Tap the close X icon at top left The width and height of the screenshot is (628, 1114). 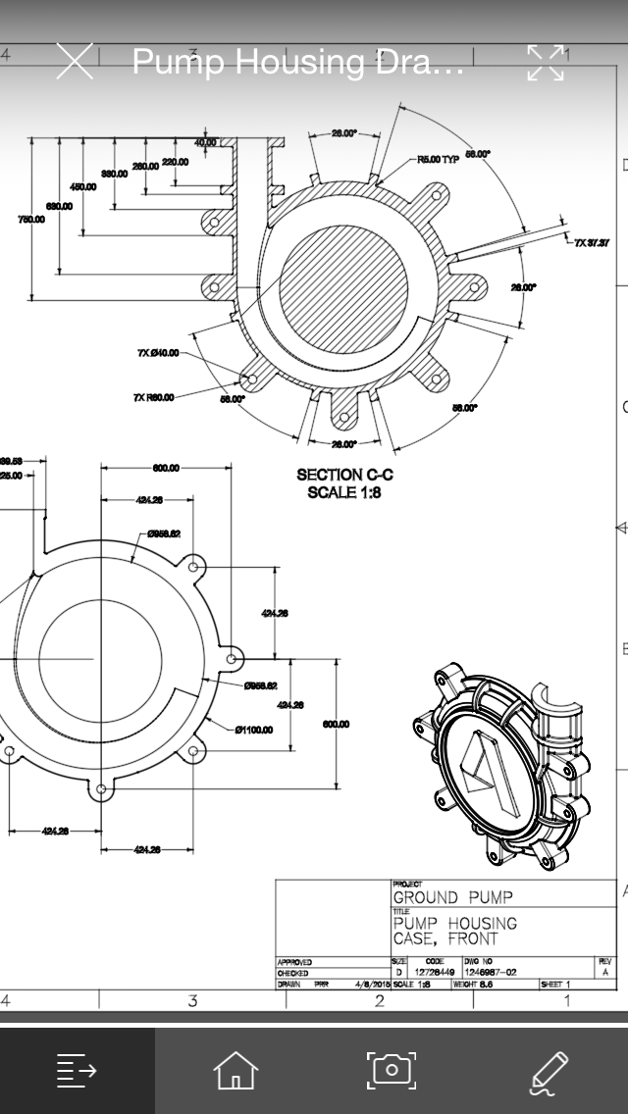tap(75, 61)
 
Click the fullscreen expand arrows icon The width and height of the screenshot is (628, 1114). tap(547, 62)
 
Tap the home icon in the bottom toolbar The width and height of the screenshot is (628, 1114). tap(235, 1070)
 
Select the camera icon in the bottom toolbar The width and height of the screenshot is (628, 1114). tap(392, 1070)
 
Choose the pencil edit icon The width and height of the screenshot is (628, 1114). tap(549, 1071)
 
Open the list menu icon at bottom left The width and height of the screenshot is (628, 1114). tap(78, 1070)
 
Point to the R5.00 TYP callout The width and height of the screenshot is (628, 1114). tap(438, 159)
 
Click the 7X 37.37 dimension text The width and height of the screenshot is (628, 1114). tap(592, 242)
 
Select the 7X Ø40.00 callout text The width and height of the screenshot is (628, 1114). tap(158, 352)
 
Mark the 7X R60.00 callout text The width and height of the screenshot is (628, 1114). tap(154, 397)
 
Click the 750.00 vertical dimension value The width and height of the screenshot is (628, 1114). tap(30, 220)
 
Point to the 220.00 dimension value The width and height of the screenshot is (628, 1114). tap(176, 162)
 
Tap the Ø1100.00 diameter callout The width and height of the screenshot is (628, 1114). tap(254, 730)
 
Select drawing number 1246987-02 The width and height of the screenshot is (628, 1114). tap(491, 973)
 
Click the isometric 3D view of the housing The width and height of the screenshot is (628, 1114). tap(500, 765)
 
